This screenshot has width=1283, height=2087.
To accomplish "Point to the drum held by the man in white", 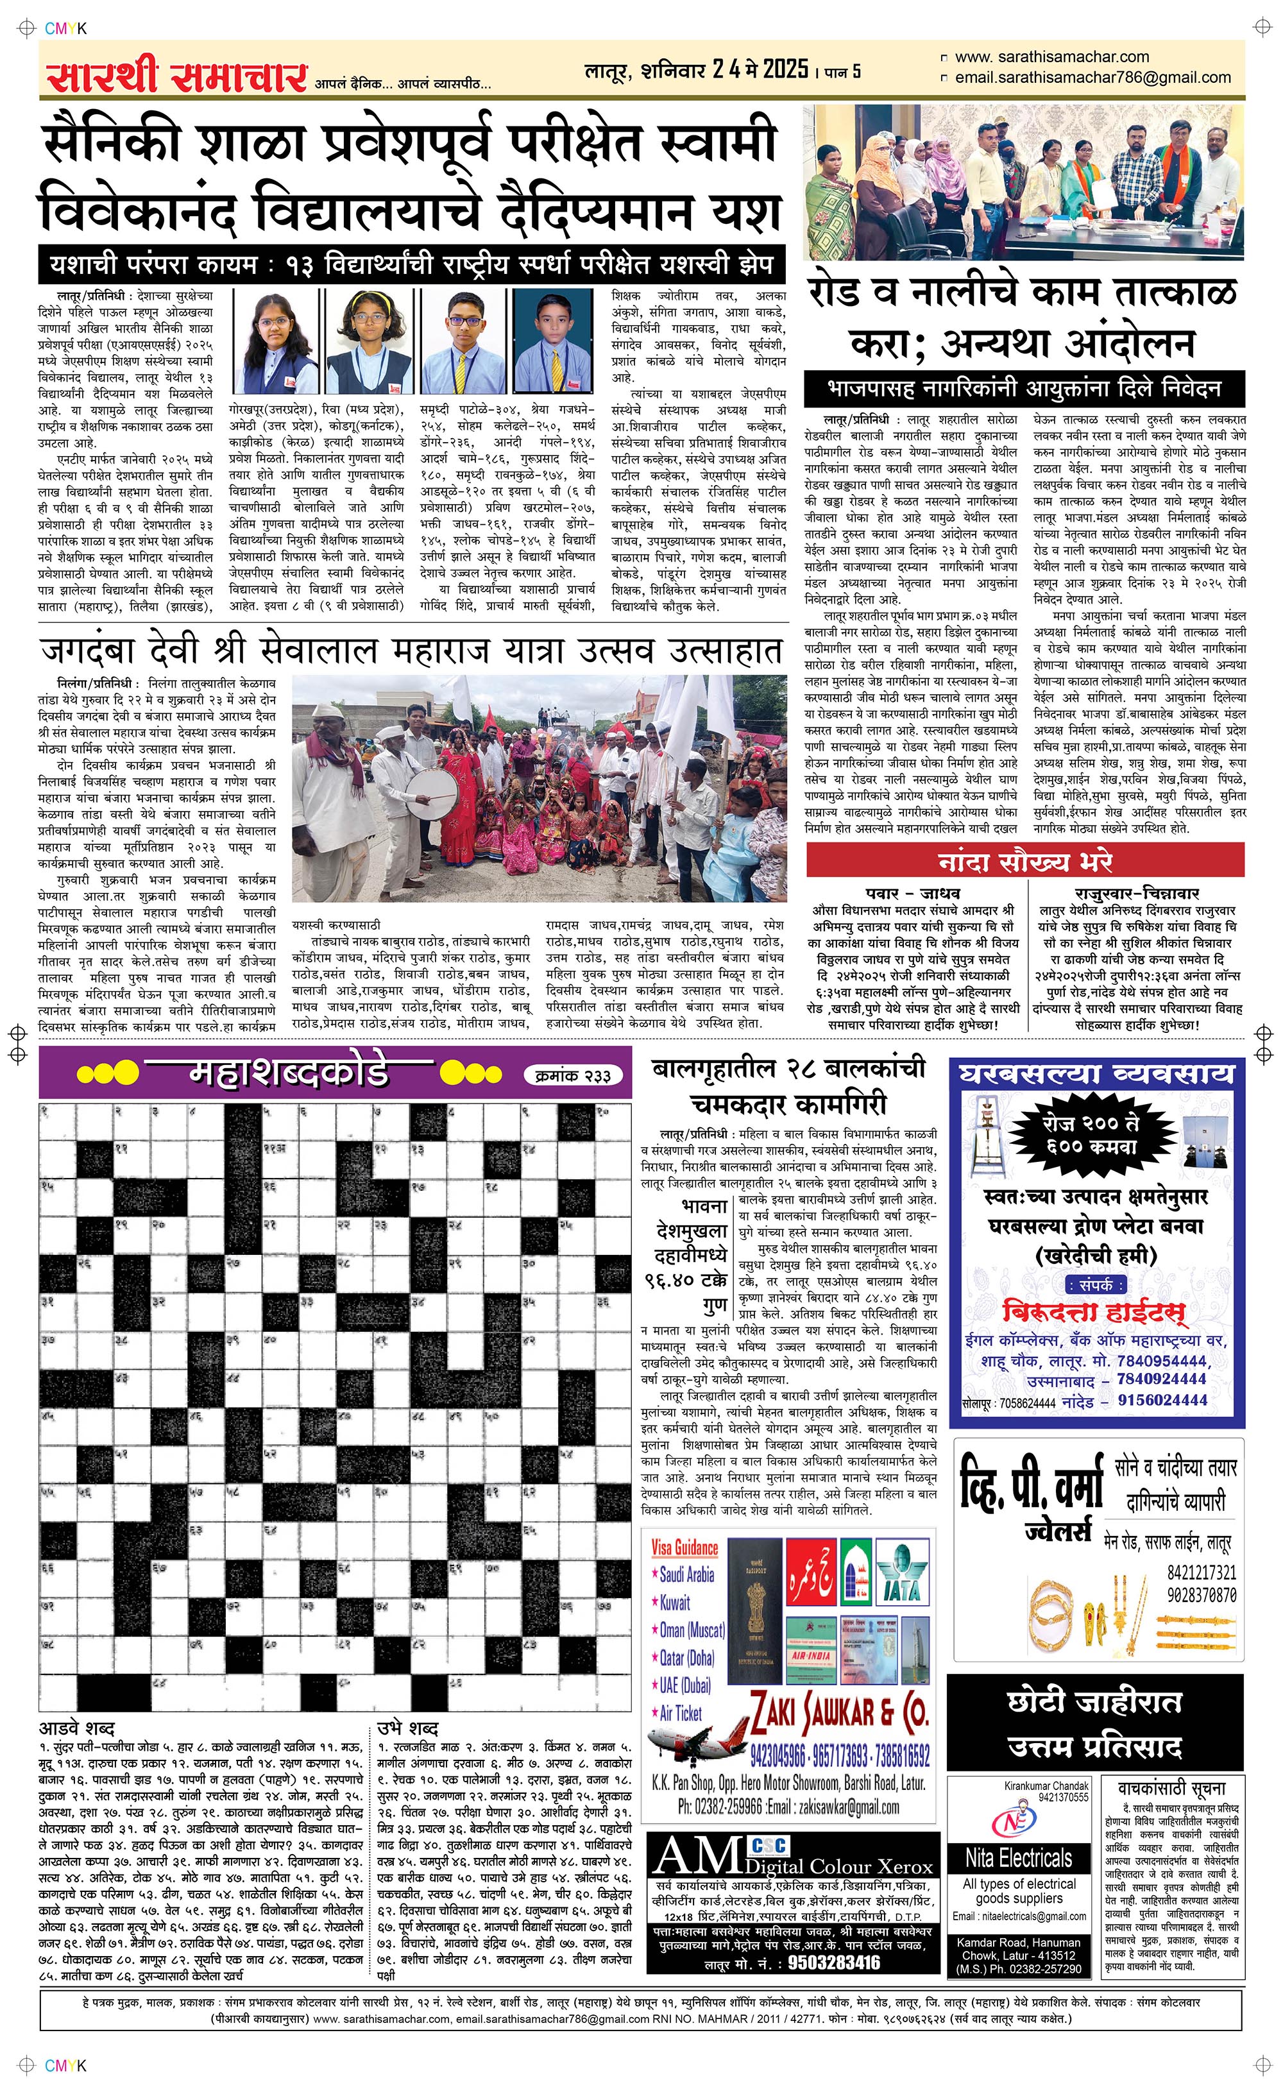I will [429, 794].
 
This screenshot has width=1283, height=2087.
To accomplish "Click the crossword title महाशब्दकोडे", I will [289, 1074].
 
